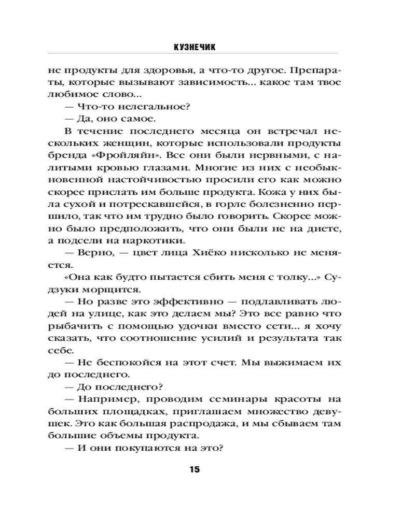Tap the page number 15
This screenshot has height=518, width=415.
click(194, 470)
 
